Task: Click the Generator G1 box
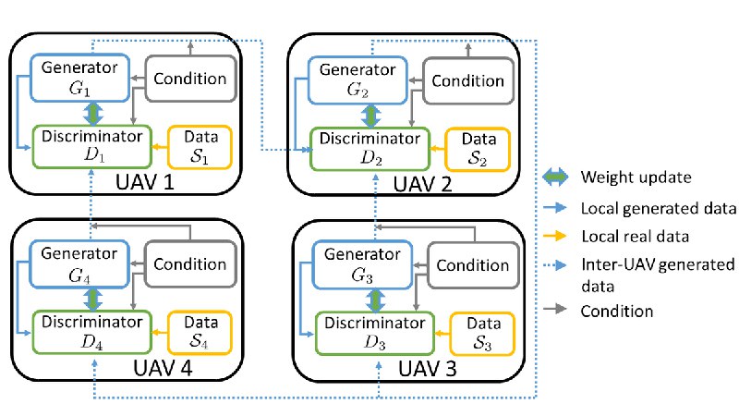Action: (x=79, y=78)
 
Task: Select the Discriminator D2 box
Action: (x=370, y=149)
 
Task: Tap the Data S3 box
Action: (x=482, y=334)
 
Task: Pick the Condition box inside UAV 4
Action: (x=190, y=264)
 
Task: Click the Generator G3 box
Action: (x=362, y=265)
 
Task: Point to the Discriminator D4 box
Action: (x=91, y=333)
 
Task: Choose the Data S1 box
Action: (x=200, y=147)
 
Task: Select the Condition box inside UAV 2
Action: (x=468, y=80)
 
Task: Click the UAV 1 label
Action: (x=145, y=182)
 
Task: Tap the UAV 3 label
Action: (x=428, y=368)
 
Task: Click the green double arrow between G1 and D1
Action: (x=93, y=114)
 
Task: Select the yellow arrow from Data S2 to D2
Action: (x=438, y=149)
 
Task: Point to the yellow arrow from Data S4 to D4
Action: (x=160, y=333)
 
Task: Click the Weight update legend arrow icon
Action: (x=555, y=177)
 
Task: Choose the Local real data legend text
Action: (x=635, y=237)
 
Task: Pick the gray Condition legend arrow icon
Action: (x=555, y=310)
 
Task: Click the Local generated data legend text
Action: (x=659, y=208)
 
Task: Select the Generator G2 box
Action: (x=357, y=80)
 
